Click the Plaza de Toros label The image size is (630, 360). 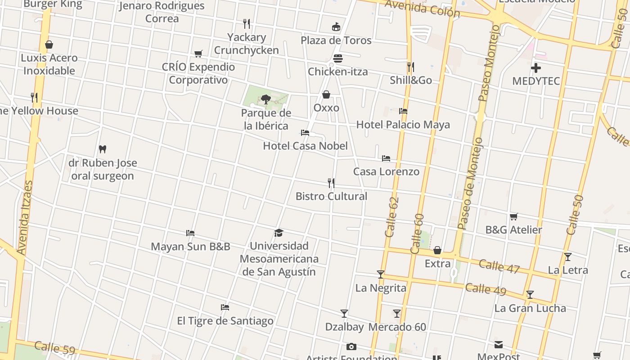(336, 40)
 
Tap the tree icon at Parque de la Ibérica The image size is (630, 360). (265, 99)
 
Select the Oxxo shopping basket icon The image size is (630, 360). (326, 94)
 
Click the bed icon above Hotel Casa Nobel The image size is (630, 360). (305, 133)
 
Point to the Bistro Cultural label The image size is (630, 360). (331, 196)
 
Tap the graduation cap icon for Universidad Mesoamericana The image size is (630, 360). (279, 233)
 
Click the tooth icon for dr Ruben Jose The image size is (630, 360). (103, 149)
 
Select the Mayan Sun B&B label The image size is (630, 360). (190, 247)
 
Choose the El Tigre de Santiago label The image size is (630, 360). (225, 321)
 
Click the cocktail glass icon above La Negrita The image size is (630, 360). (381, 274)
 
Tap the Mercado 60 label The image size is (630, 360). (397, 327)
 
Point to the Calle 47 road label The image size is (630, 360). (499, 266)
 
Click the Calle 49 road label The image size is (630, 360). (486, 288)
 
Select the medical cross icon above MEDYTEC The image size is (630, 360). (536, 68)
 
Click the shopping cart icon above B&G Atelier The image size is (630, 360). (513, 217)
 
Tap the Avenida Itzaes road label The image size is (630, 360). (25, 218)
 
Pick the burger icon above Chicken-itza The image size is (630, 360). (338, 58)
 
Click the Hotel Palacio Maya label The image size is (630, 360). (403, 125)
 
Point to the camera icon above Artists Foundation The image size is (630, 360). (351, 346)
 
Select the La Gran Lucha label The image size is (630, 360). (530, 308)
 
